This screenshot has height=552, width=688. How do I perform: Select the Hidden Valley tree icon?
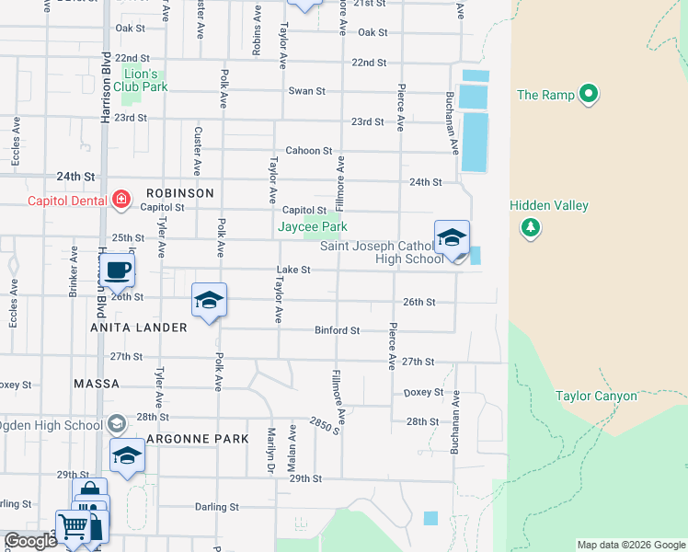(x=530, y=226)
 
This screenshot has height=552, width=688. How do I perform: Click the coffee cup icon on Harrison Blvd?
(x=117, y=270)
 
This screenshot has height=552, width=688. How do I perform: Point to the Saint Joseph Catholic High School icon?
(x=452, y=238)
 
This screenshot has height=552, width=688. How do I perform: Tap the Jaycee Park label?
(x=313, y=226)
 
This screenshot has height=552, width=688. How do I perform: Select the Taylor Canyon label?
(x=596, y=397)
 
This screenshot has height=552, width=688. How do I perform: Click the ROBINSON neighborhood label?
(x=179, y=193)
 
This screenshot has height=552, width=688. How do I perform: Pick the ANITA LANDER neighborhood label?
(x=139, y=328)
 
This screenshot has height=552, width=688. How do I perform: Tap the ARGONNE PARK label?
(x=196, y=439)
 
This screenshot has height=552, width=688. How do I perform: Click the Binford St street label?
(x=337, y=329)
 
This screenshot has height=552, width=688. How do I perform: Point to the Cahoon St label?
(x=308, y=151)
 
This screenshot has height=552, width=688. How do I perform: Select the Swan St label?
(x=307, y=91)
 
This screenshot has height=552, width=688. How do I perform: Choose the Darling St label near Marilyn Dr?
(x=216, y=507)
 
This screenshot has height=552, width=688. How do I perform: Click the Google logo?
(x=30, y=542)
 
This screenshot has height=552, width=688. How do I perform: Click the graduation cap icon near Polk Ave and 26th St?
(x=209, y=300)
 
